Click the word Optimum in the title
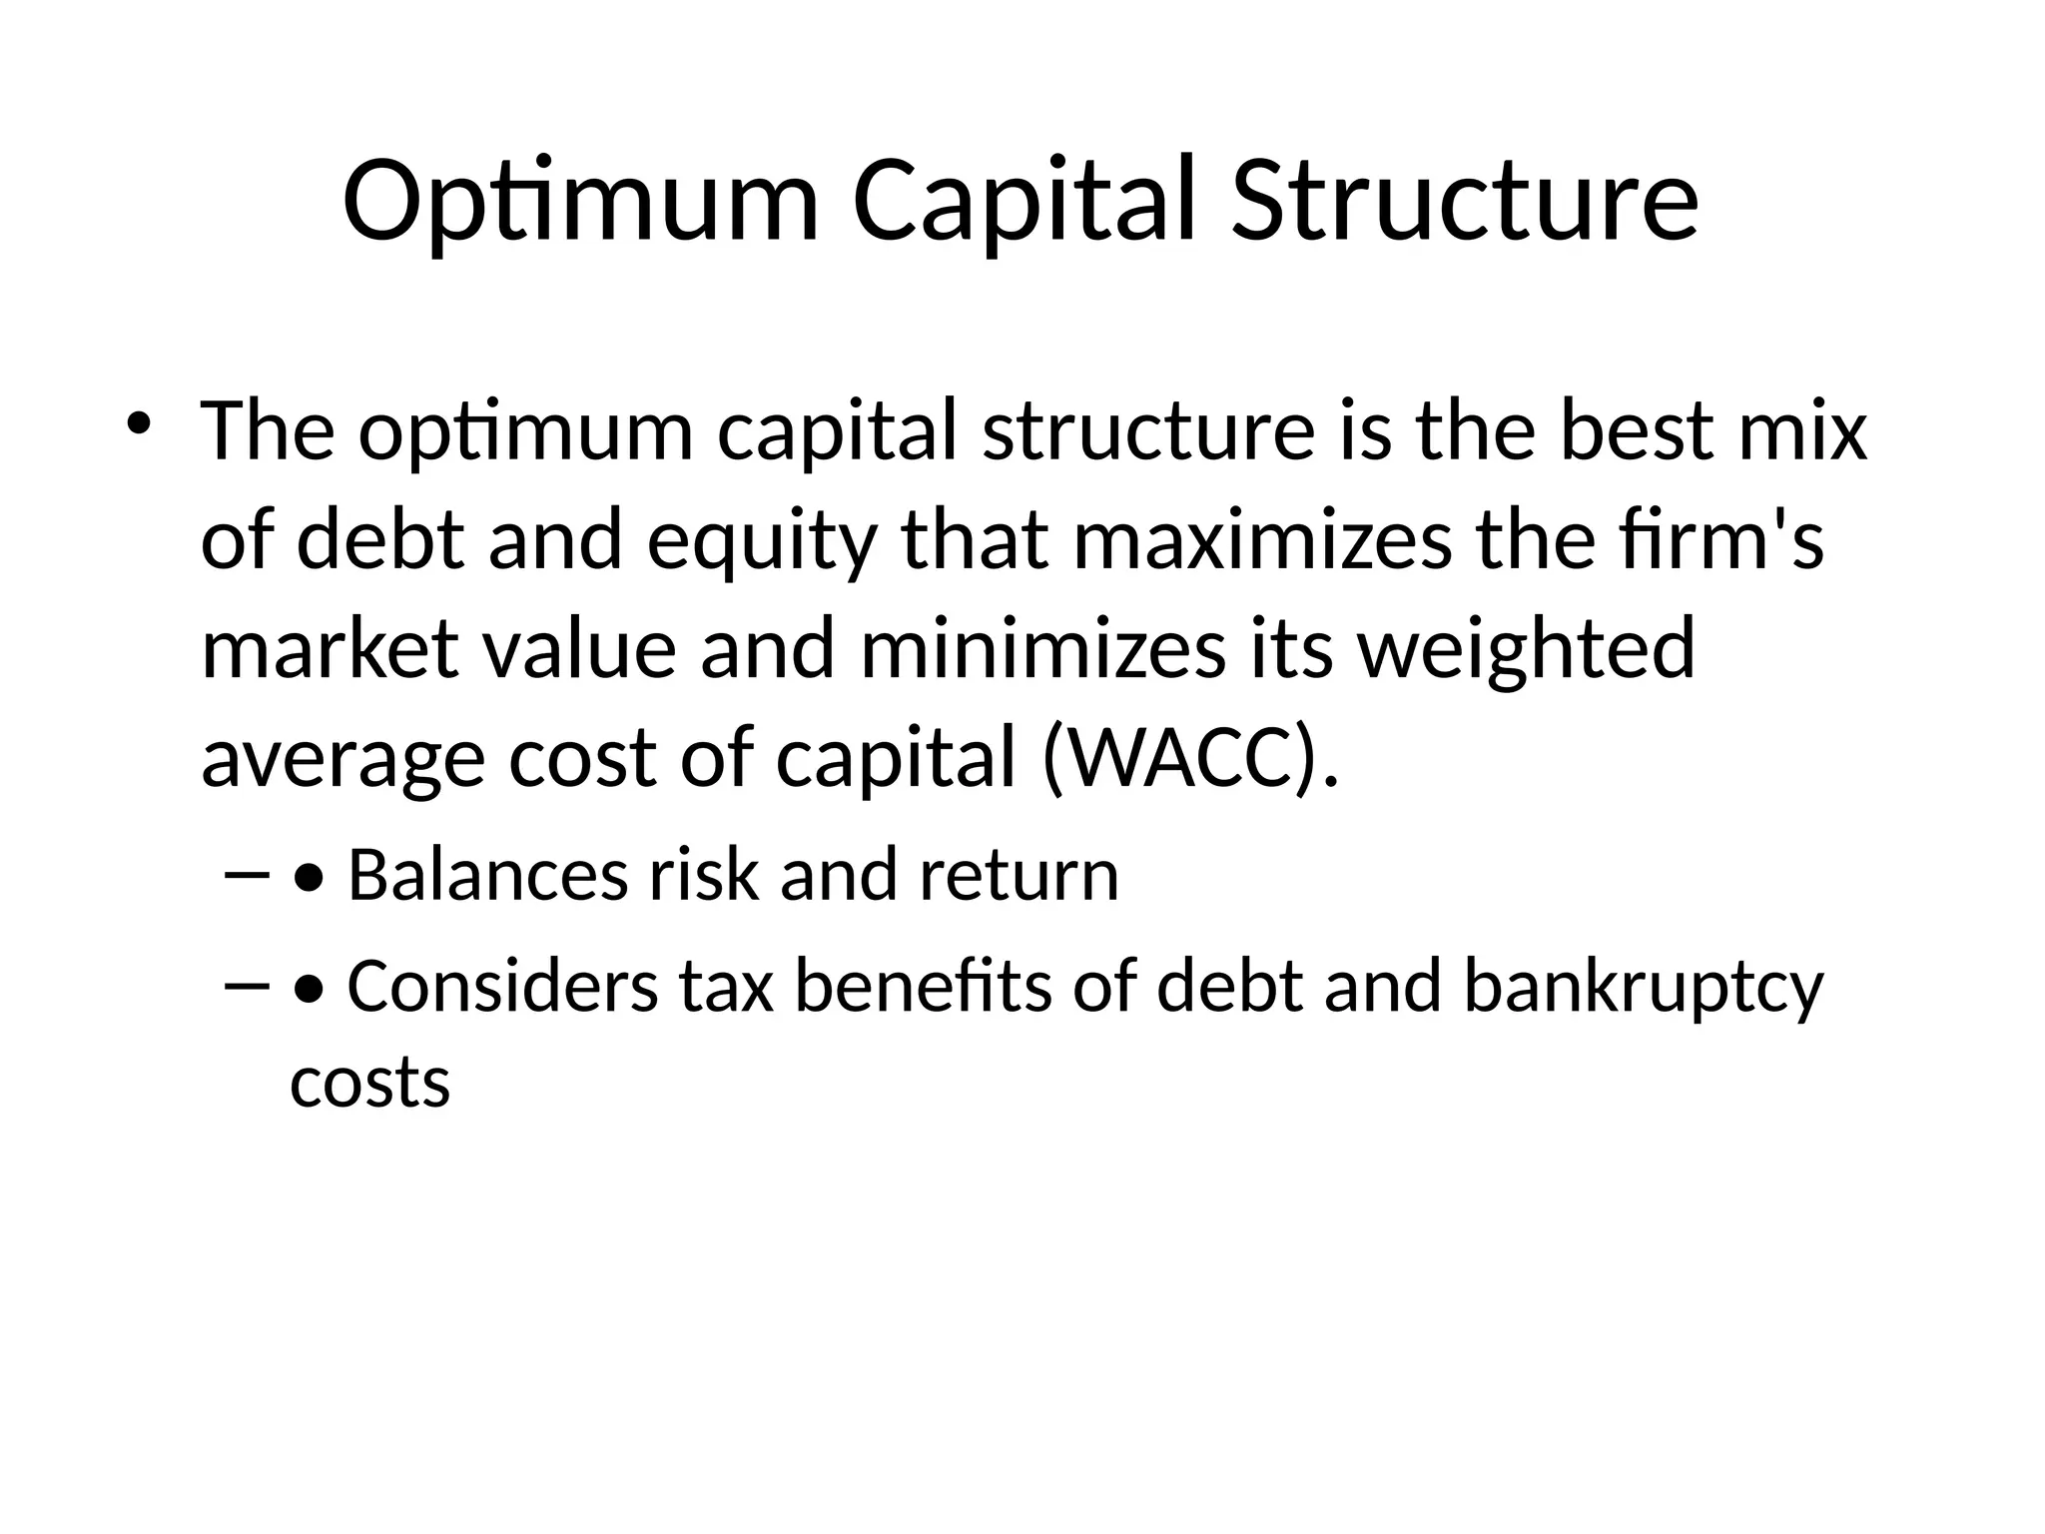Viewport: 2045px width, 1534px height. click(580, 203)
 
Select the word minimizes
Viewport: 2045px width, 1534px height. click(1042, 649)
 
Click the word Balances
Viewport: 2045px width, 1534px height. click(487, 875)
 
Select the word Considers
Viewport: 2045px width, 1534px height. click(502, 987)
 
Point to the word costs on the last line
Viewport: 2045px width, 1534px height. click(370, 1084)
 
